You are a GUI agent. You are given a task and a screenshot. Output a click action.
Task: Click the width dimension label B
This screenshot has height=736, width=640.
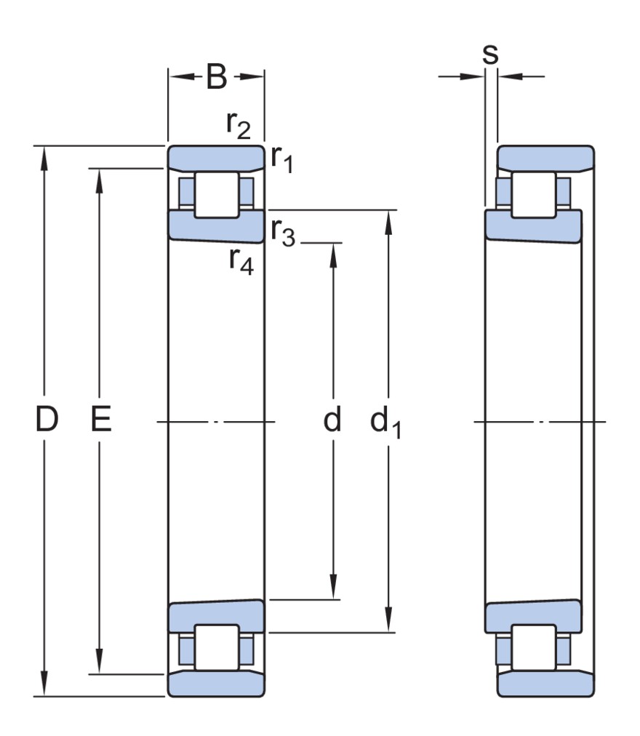[217, 76]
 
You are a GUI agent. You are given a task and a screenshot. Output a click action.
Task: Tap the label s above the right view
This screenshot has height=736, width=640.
[490, 55]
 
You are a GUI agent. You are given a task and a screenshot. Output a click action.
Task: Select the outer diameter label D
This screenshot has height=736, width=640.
[47, 419]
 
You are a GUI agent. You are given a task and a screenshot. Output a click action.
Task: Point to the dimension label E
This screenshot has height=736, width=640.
[101, 419]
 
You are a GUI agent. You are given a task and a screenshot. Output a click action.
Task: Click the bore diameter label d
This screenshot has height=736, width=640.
[332, 419]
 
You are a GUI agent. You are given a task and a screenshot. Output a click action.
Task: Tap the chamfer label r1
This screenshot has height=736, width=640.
[283, 159]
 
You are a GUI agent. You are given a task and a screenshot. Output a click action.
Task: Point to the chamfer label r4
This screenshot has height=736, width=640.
[241, 261]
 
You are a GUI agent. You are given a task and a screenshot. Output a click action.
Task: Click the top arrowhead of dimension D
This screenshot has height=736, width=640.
[44, 158]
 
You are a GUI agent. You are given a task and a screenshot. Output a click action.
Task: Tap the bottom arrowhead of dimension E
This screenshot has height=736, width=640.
[99, 662]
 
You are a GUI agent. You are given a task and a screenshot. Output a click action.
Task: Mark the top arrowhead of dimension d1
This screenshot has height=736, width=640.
[388, 222]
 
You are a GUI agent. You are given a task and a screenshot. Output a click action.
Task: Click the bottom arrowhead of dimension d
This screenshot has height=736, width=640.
[333, 587]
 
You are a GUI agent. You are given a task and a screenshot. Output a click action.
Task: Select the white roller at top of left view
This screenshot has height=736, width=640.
[217, 195]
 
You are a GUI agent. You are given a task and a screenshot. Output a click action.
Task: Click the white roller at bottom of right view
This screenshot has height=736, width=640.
[534, 647]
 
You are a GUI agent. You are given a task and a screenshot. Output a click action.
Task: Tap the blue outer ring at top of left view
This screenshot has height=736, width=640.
[217, 158]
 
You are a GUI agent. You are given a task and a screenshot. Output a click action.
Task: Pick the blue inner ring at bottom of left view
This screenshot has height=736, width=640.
[217, 617]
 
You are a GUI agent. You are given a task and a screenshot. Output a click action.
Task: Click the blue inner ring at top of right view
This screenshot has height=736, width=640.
[533, 227]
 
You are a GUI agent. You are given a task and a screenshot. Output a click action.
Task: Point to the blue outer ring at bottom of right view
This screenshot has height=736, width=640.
[545, 684]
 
